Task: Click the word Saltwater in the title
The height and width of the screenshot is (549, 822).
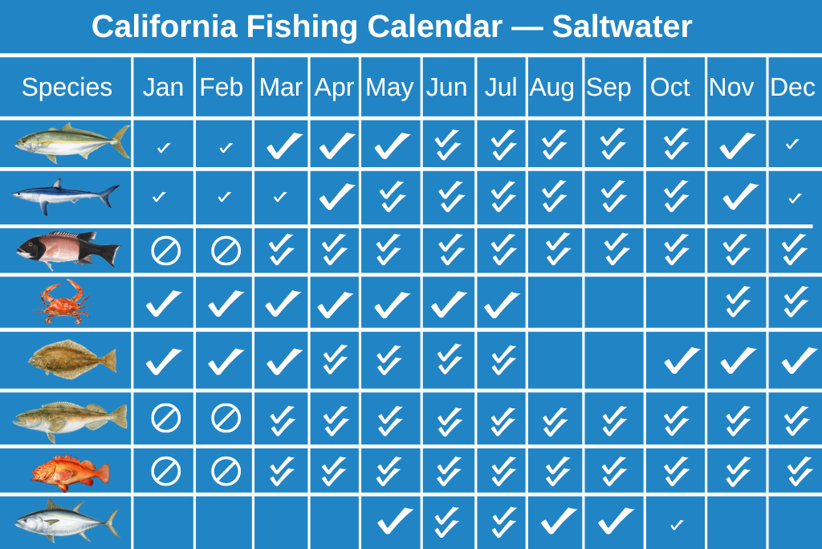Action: click(x=622, y=27)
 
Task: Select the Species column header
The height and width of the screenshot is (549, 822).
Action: click(x=67, y=87)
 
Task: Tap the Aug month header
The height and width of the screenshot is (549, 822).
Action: click(x=551, y=87)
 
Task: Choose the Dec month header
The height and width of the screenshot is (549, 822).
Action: click(x=792, y=87)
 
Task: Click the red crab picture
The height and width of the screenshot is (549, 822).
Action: click(x=63, y=301)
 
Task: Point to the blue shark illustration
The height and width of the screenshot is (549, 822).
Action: click(x=66, y=196)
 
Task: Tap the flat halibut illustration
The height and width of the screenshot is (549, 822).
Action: click(x=72, y=359)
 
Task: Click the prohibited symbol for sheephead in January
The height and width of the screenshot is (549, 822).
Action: click(x=165, y=250)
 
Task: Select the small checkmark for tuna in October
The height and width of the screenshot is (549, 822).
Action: click(x=677, y=524)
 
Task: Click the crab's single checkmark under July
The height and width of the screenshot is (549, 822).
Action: click(x=502, y=304)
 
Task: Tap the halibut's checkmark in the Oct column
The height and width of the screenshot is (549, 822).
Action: click(x=682, y=360)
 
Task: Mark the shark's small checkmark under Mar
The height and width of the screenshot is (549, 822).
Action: click(x=280, y=197)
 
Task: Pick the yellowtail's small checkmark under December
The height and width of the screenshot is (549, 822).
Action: click(x=792, y=143)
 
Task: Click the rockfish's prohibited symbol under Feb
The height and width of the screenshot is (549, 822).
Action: click(x=226, y=471)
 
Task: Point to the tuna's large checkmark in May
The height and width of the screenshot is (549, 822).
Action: click(x=395, y=520)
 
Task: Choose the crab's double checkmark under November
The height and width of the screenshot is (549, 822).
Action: click(x=738, y=301)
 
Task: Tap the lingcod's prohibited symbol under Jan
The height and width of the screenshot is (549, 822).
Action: click(x=165, y=418)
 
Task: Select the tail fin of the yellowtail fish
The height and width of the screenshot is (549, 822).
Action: click(x=121, y=141)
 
